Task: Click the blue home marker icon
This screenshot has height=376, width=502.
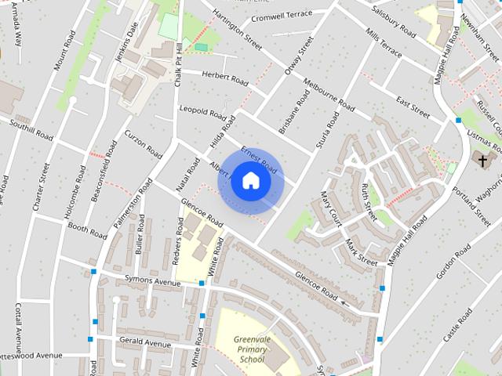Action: [x=250, y=181]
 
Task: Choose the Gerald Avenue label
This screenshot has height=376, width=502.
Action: [x=145, y=342]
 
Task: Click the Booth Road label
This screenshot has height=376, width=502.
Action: [x=86, y=230]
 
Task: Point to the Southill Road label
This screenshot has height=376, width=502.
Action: [x=31, y=130]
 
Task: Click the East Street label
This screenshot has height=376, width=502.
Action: [x=413, y=107]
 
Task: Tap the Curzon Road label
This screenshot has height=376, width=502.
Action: [x=142, y=145]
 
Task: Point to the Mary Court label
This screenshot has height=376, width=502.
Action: [x=329, y=204]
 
